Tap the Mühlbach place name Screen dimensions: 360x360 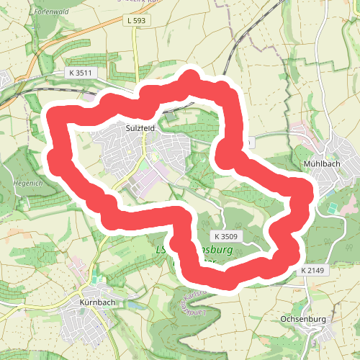pos(317,163)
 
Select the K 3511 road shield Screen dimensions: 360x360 pos(81,73)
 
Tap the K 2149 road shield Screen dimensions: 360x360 pos(313,270)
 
